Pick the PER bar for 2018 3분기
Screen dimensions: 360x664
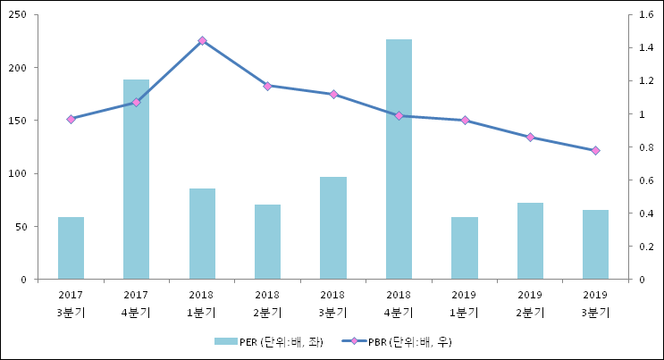click(x=333, y=228)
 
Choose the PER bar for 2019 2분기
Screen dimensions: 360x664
click(x=530, y=240)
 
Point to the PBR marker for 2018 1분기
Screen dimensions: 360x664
click(x=202, y=40)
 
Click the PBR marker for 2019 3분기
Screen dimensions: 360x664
click(x=596, y=150)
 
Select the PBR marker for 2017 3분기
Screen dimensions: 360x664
click(x=71, y=119)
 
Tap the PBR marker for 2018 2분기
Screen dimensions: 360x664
click(x=267, y=86)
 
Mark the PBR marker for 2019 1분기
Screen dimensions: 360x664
click(x=465, y=120)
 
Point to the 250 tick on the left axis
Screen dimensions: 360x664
click(x=17, y=15)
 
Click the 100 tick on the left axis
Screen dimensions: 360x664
click(x=17, y=173)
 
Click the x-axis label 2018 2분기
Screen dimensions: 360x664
click(x=267, y=303)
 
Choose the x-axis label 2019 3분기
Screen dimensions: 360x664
click(x=596, y=303)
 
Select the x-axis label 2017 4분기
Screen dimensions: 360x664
click(x=136, y=303)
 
